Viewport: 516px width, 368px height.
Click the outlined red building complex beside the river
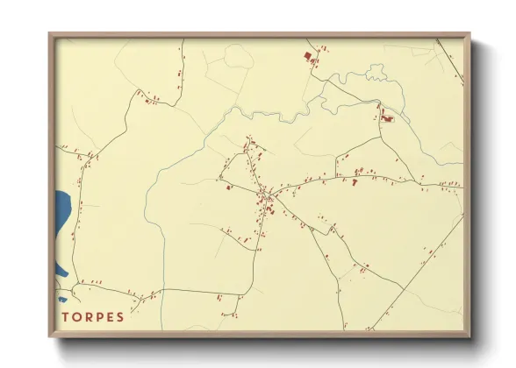[x=387, y=117]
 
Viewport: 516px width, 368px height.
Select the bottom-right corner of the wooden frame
[x=469, y=336]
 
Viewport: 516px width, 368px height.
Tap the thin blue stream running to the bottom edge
[x=162, y=289]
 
